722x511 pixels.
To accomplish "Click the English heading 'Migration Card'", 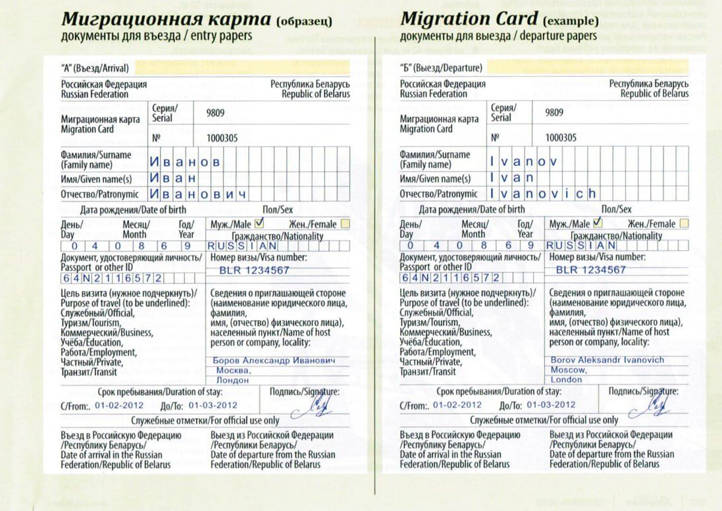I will [x=469, y=18].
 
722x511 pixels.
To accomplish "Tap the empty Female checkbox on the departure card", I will [x=684, y=224].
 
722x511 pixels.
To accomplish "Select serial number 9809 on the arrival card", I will [x=215, y=113].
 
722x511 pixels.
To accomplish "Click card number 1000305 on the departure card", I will [x=561, y=138].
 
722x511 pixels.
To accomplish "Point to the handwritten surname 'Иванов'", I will [x=184, y=161].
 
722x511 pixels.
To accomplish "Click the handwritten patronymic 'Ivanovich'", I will [x=543, y=194].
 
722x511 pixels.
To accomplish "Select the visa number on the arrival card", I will [x=254, y=270].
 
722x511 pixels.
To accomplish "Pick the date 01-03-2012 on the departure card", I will [x=551, y=405].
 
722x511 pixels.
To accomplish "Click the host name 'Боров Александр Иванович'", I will [x=274, y=361].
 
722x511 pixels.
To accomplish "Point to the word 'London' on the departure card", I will [x=567, y=380].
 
